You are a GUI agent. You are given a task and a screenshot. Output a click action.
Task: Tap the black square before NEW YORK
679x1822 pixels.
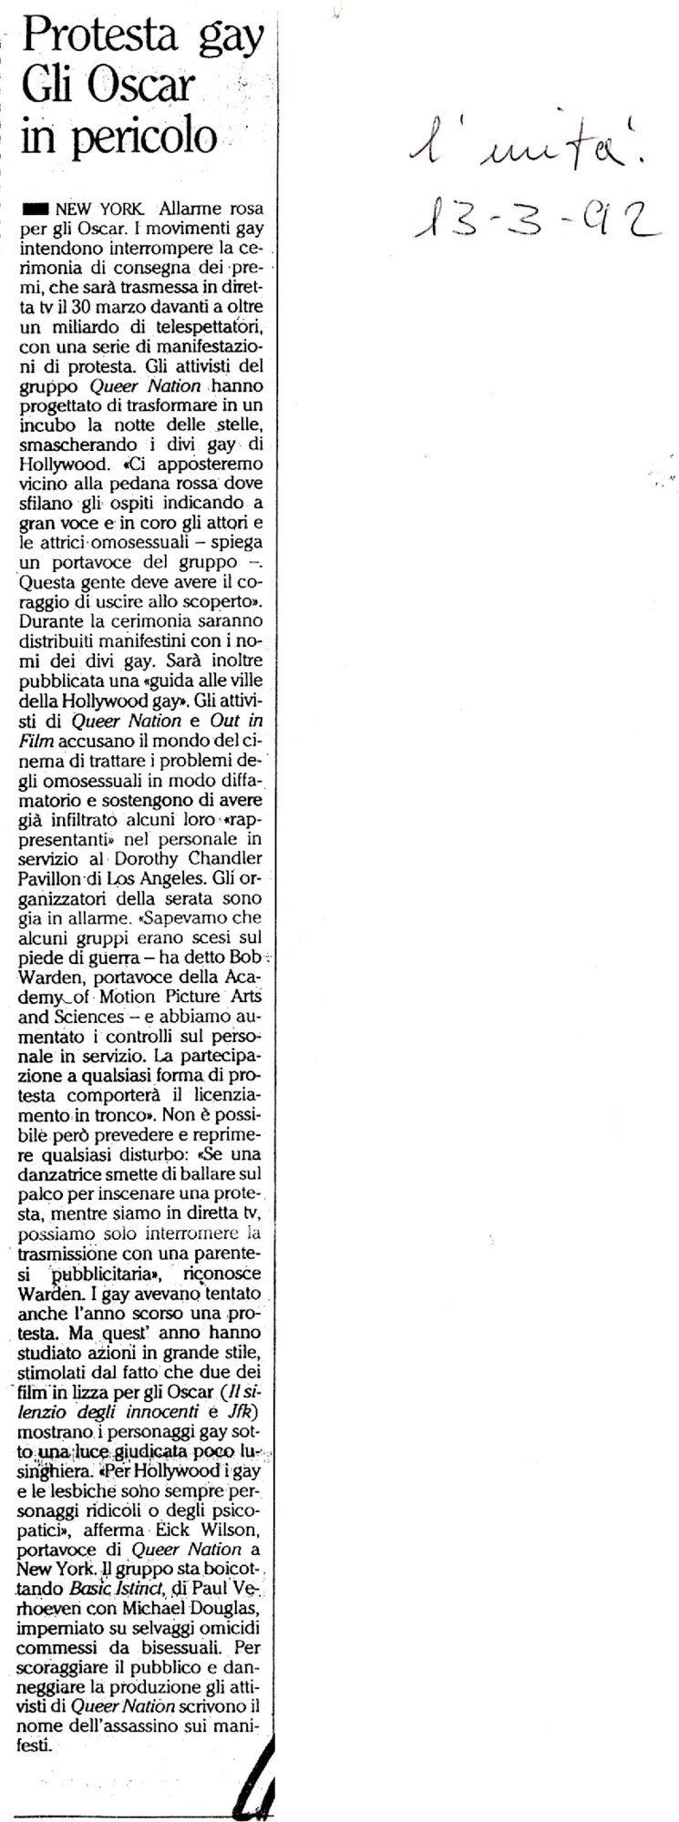pyautogui.click(x=36, y=208)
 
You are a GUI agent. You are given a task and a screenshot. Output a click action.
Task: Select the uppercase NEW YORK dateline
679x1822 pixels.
pyautogui.click(x=101, y=208)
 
